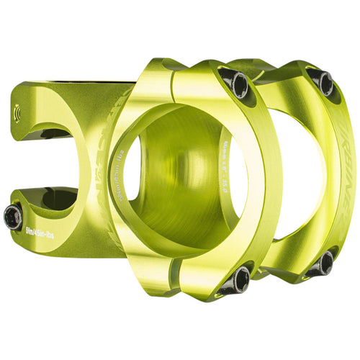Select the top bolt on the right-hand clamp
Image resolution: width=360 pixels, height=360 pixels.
[325, 83]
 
